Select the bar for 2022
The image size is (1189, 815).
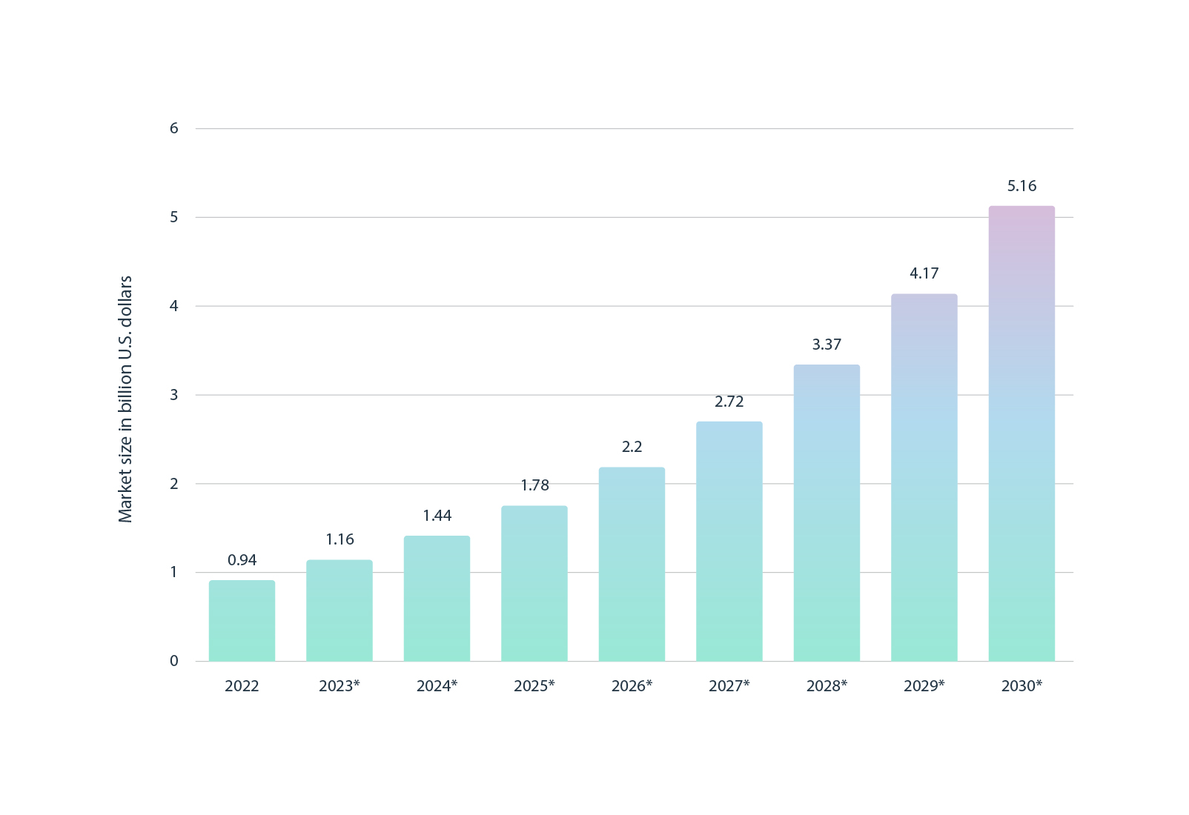click(242, 621)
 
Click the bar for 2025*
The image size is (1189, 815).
click(534, 584)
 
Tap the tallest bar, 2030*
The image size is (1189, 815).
click(1021, 433)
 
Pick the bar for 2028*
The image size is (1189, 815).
click(827, 513)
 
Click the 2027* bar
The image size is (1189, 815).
click(729, 541)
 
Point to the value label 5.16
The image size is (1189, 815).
click(1021, 186)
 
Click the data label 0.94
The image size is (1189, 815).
click(242, 560)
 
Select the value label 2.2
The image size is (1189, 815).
click(632, 447)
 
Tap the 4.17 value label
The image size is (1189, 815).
click(924, 273)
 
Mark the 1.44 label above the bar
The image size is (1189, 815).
click(437, 516)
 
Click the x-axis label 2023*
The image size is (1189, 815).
click(340, 686)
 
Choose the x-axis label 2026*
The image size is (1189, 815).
click(632, 686)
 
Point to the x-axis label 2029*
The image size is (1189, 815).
click(924, 686)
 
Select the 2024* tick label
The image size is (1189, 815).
click(437, 686)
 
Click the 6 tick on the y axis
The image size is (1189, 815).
click(174, 128)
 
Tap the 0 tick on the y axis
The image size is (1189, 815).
click(174, 661)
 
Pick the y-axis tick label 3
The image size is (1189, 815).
click(174, 395)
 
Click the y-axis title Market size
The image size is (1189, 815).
click(125, 399)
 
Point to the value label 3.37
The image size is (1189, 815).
click(827, 345)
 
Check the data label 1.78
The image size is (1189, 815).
click(534, 485)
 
